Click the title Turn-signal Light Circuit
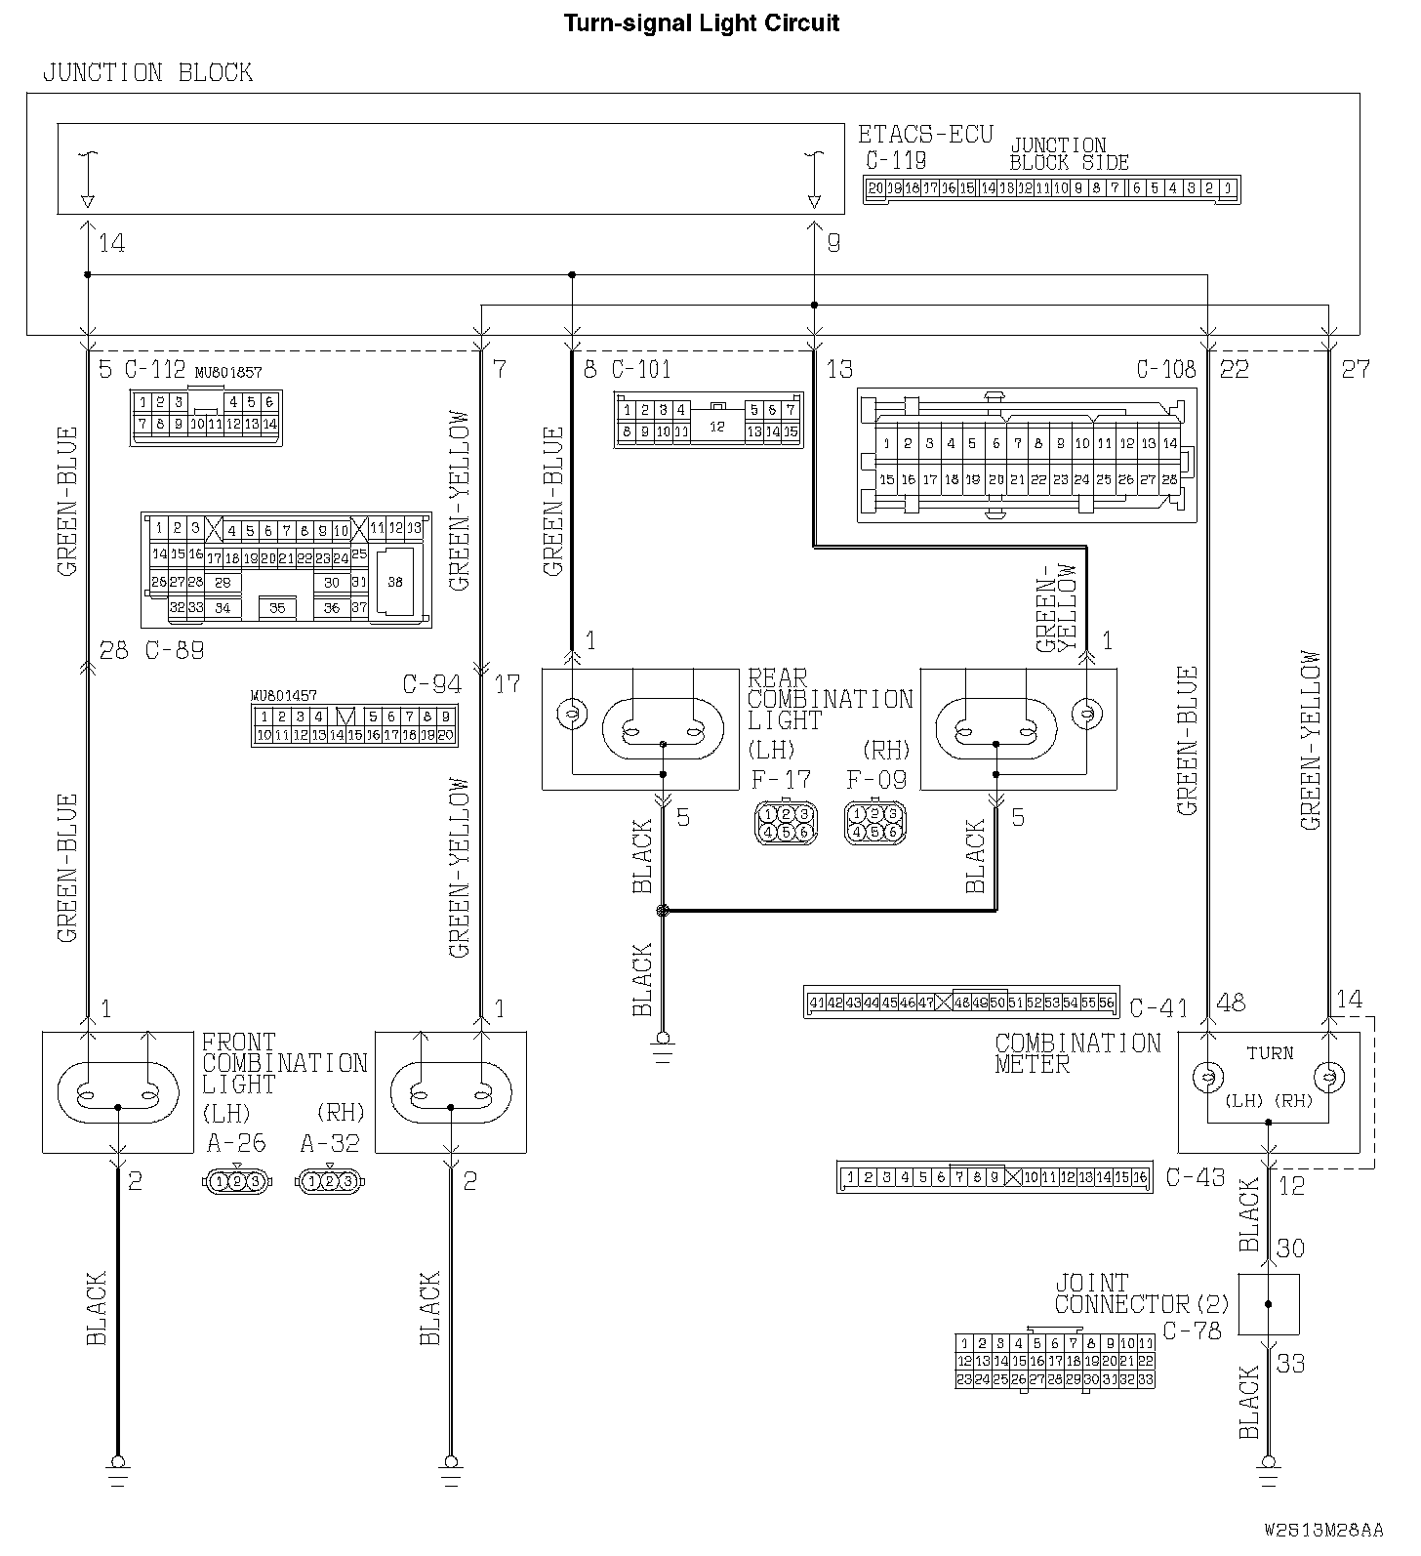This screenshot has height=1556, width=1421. tap(702, 22)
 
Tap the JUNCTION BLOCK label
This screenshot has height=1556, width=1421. tap(147, 72)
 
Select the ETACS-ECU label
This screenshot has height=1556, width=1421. tap(925, 134)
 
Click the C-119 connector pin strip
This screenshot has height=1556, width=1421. tap(1051, 189)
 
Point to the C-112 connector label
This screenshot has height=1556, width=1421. tap(155, 369)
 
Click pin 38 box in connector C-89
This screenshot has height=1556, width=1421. tap(394, 582)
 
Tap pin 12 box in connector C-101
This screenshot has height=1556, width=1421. tap(717, 427)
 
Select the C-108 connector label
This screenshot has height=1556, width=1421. tap(1166, 369)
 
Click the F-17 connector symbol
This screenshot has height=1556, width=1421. tap(786, 822)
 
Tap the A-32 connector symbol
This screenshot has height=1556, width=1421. tap(329, 1181)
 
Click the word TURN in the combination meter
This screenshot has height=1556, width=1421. tap(1270, 1053)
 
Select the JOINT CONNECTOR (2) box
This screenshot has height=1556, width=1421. tap(1268, 1303)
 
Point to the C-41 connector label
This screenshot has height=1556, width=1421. tap(1158, 1006)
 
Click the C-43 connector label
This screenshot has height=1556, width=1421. tap(1196, 1177)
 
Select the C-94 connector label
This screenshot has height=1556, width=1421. tap(431, 684)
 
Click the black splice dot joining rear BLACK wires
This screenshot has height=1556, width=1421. tap(663, 911)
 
